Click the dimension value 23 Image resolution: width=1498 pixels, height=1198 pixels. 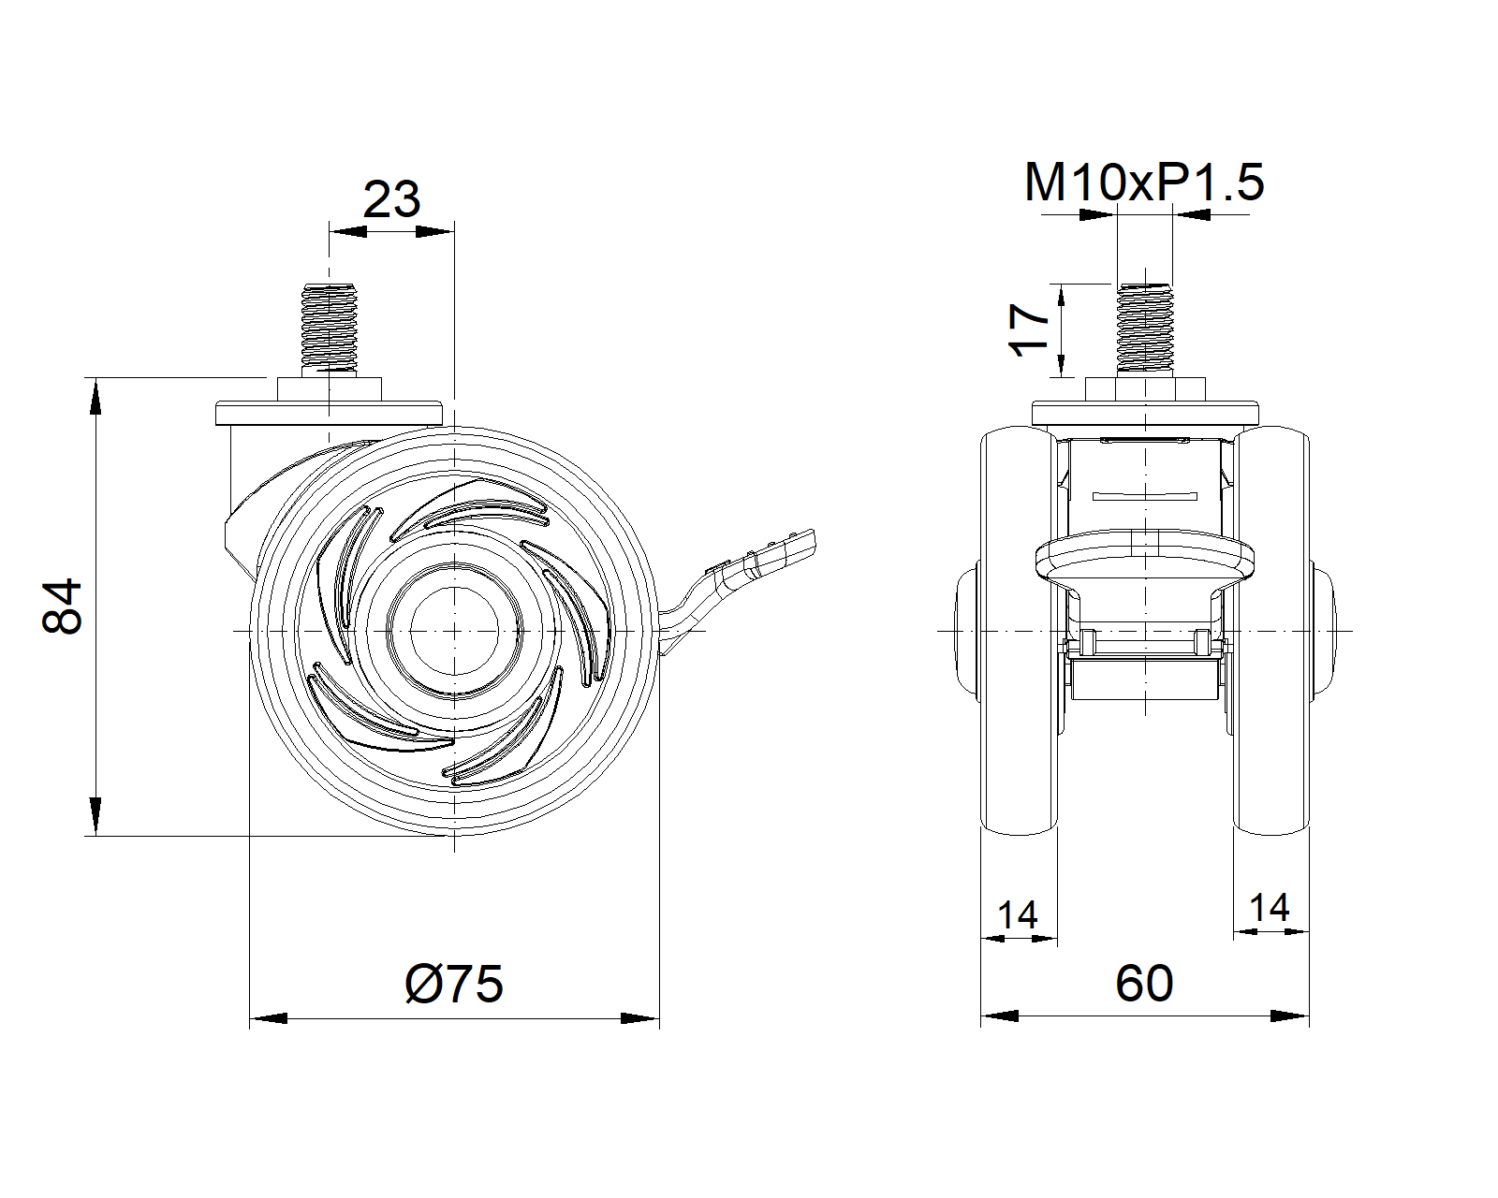tap(391, 199)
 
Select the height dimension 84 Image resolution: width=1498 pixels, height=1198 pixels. tap(64, 606)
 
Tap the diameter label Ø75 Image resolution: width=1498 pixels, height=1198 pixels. tap(454, 984)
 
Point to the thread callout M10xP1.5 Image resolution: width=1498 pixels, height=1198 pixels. tap(1143, 182)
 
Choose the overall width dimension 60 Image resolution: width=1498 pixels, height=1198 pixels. tap(1144, 984)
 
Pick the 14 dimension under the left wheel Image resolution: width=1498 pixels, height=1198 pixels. tap(1017, 914)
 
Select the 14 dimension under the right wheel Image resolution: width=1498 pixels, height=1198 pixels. tap(1269, 907)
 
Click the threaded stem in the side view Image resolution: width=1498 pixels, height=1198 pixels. tap(329, 328)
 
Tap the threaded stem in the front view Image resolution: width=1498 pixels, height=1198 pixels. tap(1144, 328)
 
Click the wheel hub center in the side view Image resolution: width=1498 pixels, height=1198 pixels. tap(453, 631)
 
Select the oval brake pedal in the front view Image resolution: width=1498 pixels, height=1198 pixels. tap(1144, 561)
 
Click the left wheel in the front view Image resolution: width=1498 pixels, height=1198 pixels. tap(1019, 631)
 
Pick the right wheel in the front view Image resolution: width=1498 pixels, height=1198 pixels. tap(1270, 631)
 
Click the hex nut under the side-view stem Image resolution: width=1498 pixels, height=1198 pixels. tap(329, 389)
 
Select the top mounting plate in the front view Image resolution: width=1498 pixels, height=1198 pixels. tap(1144, 413)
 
